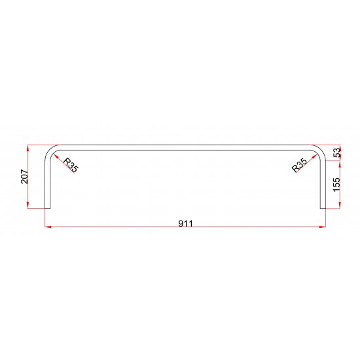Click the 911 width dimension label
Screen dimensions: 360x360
click(186, 223)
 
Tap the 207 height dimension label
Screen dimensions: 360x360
click(25, 176)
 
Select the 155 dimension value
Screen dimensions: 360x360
click(336, 185)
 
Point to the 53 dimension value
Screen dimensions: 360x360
click(337, 153)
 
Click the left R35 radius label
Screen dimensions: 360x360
click(71, 166)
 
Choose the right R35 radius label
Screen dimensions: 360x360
click(299, 165)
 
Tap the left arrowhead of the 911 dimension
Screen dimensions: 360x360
click(48, 227)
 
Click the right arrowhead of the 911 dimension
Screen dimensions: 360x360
click(323, 227)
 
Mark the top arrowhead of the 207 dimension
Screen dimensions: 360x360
click(27, 148)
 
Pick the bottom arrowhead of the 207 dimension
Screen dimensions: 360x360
click(27, 205)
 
